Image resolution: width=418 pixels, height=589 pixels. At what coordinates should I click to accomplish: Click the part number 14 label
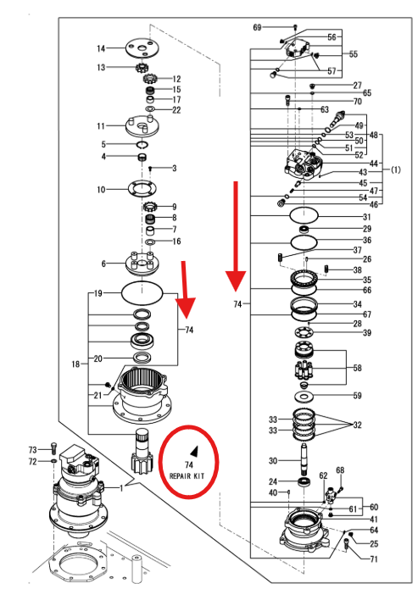tap(101, 48)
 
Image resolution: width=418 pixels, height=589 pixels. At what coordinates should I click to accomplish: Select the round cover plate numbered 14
tap(142, 47)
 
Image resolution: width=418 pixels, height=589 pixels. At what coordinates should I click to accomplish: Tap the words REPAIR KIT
tap(187, 476)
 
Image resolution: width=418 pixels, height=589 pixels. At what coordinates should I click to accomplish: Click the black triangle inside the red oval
tap(194, 451)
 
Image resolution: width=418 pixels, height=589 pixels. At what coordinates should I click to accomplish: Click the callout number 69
tap(257, 27)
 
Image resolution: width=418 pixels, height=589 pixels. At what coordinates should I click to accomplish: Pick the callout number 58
tap(358, 368)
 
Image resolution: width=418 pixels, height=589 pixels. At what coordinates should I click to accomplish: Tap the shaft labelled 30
tap(304, 459)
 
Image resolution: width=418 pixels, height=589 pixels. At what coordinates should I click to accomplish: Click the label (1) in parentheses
tap(396, 169)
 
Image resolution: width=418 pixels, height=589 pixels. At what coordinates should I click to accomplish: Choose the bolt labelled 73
tap(53, 449)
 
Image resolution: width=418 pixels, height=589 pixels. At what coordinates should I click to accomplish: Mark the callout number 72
tap(33, 461)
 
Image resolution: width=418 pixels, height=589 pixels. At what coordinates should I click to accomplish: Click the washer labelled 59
tap(304, 396)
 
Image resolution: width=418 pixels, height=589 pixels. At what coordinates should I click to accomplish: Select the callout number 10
tap(101, 190)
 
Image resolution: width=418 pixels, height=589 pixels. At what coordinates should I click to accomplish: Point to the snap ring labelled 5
tap(142, 145)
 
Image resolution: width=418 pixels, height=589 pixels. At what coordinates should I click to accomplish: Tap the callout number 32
tap(358, 425)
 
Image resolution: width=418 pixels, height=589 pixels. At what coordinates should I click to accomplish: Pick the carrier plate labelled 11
tap(142, 125)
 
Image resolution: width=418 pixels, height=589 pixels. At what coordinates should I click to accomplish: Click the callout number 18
tap(75, 364)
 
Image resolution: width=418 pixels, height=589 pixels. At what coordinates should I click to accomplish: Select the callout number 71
tap(374, 559)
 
